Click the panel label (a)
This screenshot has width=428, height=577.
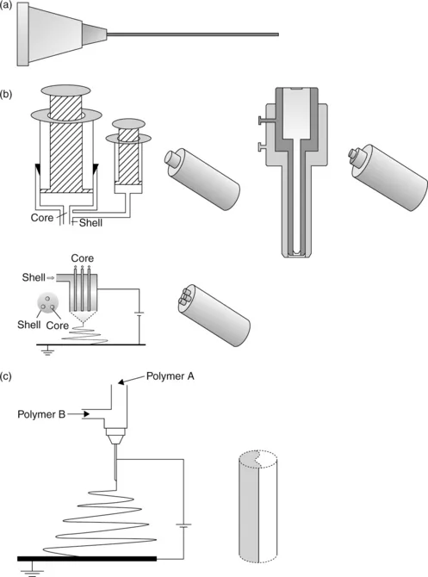[6, 5]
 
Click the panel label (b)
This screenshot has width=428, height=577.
[6, 94]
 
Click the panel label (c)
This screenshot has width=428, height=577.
[6, 376]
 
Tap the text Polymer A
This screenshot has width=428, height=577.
[170, 376]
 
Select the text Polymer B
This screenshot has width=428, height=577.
[41, 414]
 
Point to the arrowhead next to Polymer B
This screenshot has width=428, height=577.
[86, 414]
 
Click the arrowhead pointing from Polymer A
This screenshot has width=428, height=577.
[121, 382]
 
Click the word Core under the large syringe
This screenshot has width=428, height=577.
[42, 218]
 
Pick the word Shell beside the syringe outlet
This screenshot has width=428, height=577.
[91, 223]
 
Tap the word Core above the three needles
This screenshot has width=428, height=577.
[83, 258]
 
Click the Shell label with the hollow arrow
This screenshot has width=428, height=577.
[34, 277]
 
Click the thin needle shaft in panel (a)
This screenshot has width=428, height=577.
[193, 34]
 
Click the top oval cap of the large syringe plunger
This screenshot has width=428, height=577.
[65, 90]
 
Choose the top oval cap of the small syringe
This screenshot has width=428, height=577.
[128, 123]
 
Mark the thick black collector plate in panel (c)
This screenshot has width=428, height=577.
[87, 559]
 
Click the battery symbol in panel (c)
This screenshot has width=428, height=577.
[183, 525]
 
